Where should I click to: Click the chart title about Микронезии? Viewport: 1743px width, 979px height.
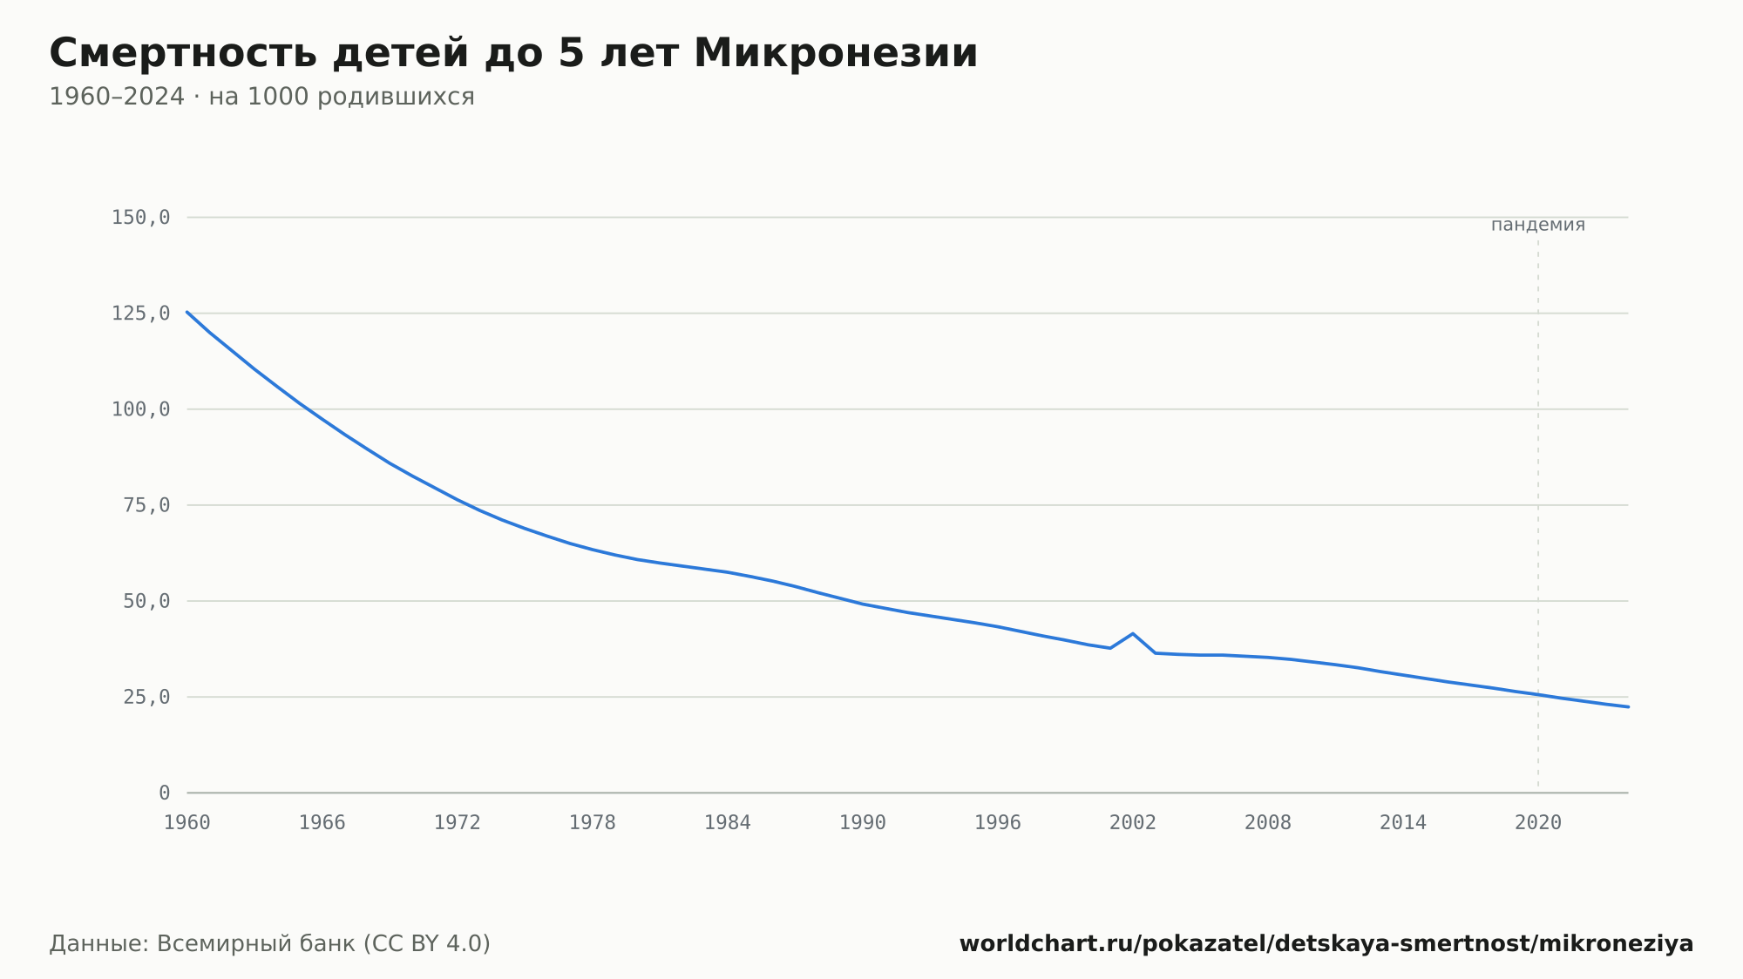(x=513, y=54)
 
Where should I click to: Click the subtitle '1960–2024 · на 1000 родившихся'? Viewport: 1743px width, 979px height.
(x=261, y=97)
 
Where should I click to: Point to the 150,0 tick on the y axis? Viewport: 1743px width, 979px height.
(x=140, y=218)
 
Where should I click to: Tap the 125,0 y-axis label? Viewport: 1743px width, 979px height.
(x=140, y=314)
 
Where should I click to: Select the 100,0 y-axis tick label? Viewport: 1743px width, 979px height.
(x=140, y=409)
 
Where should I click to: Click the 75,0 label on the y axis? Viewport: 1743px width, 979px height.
(x=146, y=505)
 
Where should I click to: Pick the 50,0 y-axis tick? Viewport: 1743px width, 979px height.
(x=146, y=601)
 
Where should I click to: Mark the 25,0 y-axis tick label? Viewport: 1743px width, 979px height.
(x=146, y=697)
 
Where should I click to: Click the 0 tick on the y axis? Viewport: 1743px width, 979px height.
(x=165, y=793)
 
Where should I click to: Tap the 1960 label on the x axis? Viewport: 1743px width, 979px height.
(x=187, y=823)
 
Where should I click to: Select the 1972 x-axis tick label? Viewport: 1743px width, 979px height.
(x=458, y=823)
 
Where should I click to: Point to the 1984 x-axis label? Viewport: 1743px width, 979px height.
(x=728, y=823)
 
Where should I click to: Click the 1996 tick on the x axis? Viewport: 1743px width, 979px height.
(x=998, y=823)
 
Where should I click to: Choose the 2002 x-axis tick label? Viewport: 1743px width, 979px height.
(x=1133, y=823)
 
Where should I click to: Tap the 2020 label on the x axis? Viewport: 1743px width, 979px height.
(x=1538, y=823)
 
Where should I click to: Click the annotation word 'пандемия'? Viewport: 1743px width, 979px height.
(x=1538, y=225)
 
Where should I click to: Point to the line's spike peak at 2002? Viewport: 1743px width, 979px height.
(x=1132, y=633)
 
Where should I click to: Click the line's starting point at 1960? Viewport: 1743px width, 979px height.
(x=187, y=312)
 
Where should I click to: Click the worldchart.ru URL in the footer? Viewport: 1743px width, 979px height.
(x=1326, y=944)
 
